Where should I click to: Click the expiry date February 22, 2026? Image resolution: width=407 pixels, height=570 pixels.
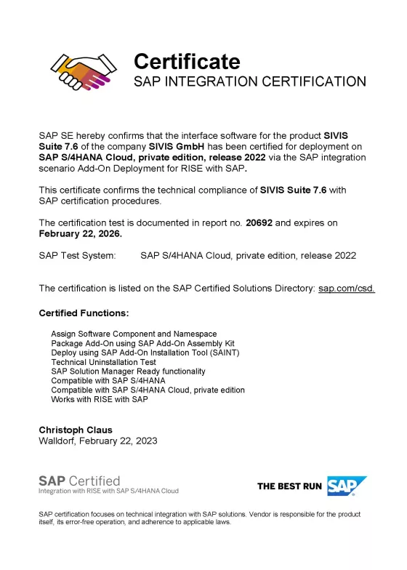click(80, 234)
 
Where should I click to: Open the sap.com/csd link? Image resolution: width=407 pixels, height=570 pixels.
click(347, 289)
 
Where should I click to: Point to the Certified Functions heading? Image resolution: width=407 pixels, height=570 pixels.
click(84, 313)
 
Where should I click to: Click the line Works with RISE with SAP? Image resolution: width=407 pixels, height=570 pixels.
click(100, 399)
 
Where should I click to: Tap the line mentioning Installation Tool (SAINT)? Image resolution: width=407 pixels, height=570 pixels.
click(145, 352)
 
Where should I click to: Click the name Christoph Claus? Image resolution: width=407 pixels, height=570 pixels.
click(76, 430)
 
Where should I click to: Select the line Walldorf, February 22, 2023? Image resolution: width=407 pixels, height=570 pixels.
click(97, 441)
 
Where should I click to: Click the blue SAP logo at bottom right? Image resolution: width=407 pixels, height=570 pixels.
click(347, 486)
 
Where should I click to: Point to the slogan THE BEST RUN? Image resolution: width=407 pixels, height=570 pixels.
click(289, 486)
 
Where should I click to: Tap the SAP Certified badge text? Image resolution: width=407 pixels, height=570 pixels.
click(79, 481)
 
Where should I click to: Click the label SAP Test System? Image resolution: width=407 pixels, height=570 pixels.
click(77, 255)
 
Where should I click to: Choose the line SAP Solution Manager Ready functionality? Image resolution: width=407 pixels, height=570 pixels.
click(133, 371)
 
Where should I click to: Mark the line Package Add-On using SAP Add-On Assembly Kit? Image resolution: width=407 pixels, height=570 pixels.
click(142, 342)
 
